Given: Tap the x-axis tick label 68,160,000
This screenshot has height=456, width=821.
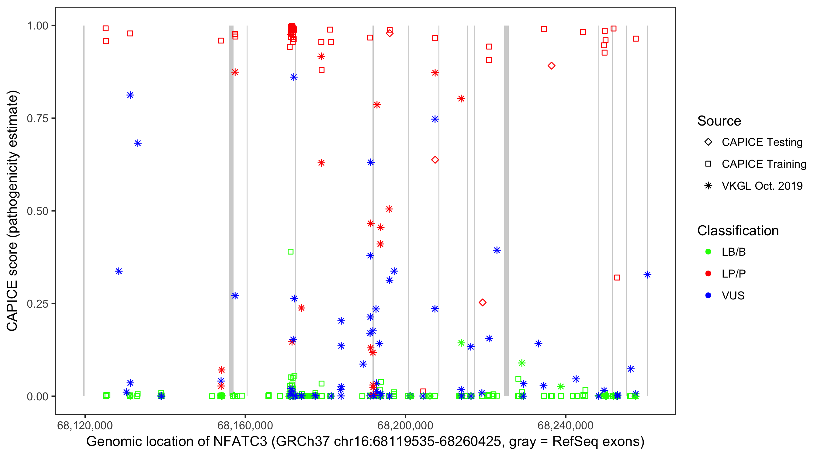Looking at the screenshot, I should point(245,425).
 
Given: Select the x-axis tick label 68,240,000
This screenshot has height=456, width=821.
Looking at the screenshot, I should point(565,425).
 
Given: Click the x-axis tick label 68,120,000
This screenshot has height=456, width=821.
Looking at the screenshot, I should point(85,425).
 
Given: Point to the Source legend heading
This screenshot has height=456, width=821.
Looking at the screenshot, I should point(719,121).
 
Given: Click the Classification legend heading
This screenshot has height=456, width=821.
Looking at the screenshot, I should point(738,231).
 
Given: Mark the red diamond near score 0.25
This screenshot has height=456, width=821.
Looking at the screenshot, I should point(483,302).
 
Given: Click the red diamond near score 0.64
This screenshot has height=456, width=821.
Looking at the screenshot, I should point(435,160).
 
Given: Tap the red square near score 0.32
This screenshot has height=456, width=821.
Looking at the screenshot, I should point(617,278).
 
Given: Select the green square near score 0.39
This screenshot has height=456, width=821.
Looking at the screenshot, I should point(290,252).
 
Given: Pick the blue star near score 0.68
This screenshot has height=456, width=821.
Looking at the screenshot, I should point(138,143).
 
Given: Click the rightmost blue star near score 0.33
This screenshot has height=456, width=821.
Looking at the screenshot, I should point(647,275).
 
